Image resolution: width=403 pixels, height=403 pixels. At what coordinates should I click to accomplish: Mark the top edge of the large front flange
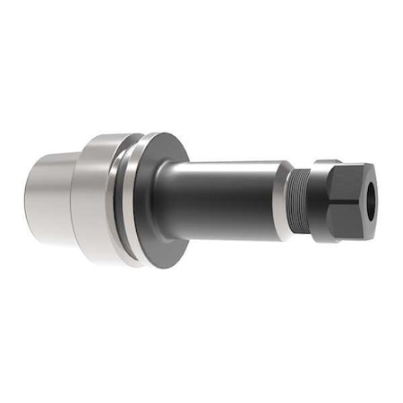tap(161, 134)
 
